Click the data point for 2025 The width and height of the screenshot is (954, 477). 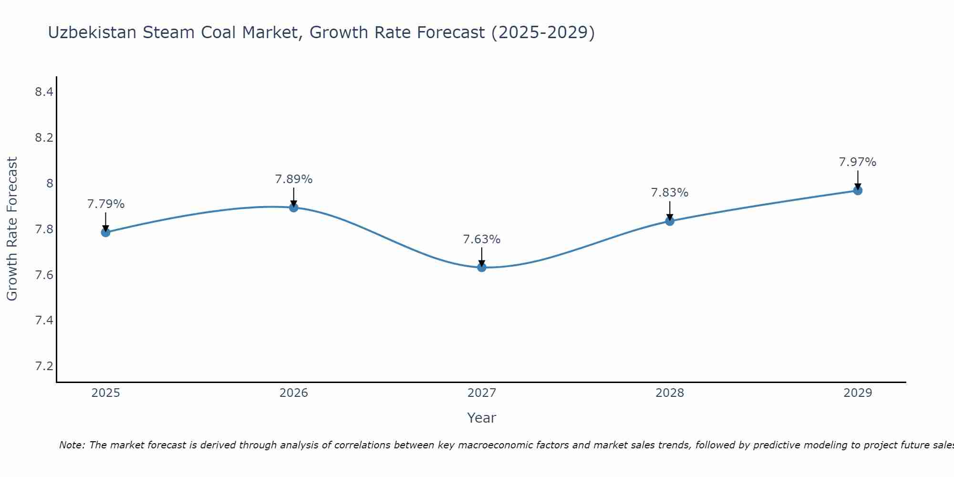tap(105, 232)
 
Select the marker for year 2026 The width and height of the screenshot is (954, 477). tap(294, 207)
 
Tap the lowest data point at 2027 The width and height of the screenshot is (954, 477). tap(482, 267)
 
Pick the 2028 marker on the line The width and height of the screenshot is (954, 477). tap(670, 221)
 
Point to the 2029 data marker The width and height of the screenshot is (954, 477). tap(858, 190)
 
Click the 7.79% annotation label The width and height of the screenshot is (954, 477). tap(106, 204)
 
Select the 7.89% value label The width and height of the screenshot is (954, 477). tap(294, 179)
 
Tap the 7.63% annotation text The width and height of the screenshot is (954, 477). tap(482, 239)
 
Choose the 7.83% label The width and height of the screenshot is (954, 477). tap(670, 193)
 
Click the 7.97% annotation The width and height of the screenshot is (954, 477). tap(858, 162)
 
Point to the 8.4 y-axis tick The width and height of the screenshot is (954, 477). tap(44, 92)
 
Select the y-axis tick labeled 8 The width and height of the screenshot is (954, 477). tap(50, 183)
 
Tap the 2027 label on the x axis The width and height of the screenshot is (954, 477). tap(482, 393)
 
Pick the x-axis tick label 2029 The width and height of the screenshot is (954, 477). tap(858, 393)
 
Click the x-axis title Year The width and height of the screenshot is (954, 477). tap(482, 418)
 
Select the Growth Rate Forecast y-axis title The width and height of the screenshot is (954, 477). tap(12, 229)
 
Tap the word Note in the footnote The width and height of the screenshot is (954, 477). tap(72, 445)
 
